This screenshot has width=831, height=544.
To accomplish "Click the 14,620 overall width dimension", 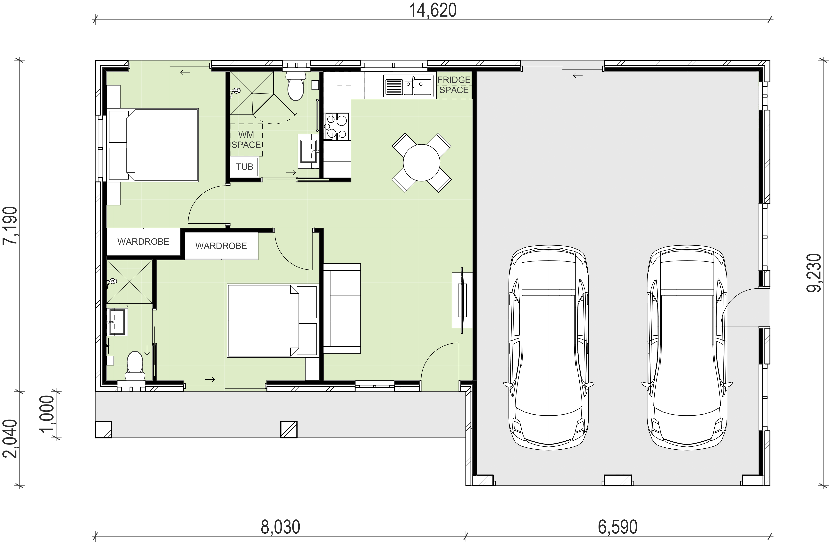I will (x=433, y=11).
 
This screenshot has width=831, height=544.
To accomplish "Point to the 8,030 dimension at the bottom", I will (x=280, y=527).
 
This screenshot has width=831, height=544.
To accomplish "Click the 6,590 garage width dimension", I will (x=618, y=527).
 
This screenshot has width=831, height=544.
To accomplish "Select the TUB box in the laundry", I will (x=244, y=167).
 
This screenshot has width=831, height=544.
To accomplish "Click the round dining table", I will (x=421, y=163).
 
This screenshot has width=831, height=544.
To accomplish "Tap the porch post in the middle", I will (x=289, y=429).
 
